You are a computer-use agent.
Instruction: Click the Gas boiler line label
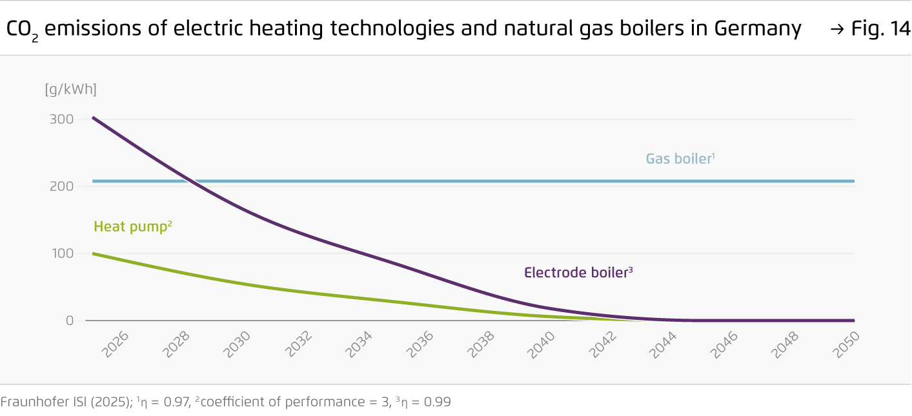tap(679, 159)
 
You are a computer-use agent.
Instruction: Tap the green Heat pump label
tap(132, 226)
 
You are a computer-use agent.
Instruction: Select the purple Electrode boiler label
tap(578, 273)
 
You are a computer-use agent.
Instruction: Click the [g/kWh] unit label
tap(70, 90)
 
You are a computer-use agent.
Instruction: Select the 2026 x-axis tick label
tap(116, 345)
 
